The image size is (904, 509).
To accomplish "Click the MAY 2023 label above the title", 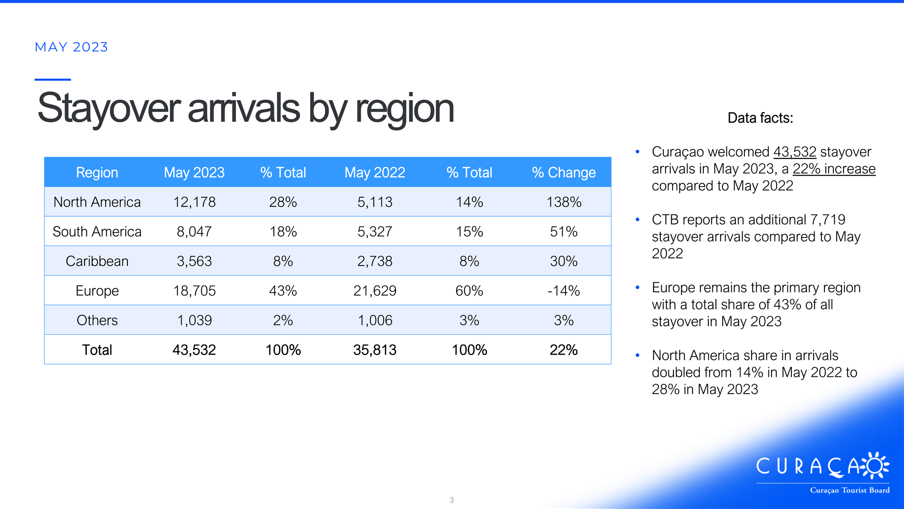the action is coord(71,47).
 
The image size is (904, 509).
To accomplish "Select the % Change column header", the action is coord(564,172).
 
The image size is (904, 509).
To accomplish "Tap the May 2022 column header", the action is coord(375,172).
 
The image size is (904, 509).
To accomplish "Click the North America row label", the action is coord(97,202).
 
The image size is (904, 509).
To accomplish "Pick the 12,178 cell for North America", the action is coord(194,202).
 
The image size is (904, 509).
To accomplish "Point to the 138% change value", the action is coord(564,202).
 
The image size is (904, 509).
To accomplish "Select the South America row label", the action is coord(97,232).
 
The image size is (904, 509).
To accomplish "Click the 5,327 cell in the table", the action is coord(375,232).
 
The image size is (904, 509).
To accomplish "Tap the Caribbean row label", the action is coord(97,261).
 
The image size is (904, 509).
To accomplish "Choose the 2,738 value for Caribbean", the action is coord(375,261).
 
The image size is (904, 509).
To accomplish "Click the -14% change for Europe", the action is coord(564,290).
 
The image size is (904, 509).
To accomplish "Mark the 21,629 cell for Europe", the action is coord(375,290).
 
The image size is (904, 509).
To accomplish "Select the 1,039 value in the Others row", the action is coord(194,320).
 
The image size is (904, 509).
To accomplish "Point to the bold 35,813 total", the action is coord(375,350).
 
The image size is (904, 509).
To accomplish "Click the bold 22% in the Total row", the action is coord(564,350).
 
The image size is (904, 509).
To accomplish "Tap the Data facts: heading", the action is coord(760,118).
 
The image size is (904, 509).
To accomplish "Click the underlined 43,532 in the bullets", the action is coord(795,152).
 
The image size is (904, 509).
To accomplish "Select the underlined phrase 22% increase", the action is coord(834,169).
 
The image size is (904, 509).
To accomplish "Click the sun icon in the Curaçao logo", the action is coord(875,465).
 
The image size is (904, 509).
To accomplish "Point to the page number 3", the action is coord(452,500).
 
